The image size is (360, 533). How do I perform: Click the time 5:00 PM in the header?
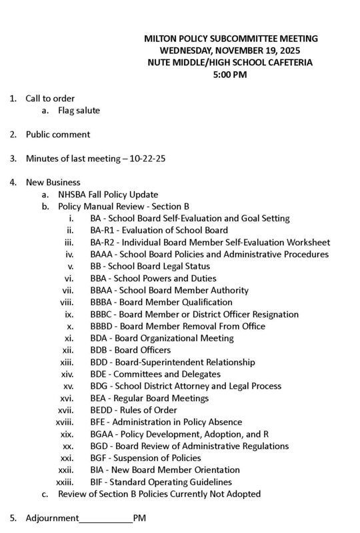coord(231,75)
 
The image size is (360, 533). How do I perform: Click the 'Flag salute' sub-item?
coord(79,111)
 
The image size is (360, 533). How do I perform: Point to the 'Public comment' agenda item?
coord(58,135)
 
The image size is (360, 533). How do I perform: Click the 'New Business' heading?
coord(53,183)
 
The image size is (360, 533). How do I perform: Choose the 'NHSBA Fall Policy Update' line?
coord(108,195)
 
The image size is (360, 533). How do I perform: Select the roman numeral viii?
coord(66,302)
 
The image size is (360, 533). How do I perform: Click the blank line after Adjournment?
coord(106,518)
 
